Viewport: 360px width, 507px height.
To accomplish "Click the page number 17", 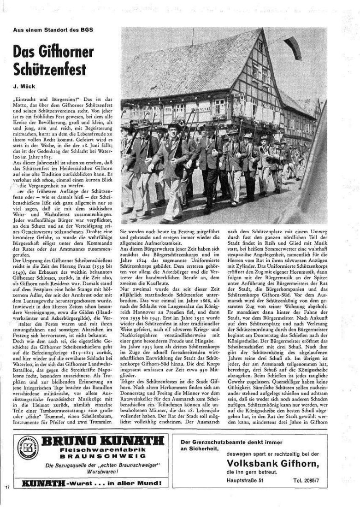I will [x=7, y=487].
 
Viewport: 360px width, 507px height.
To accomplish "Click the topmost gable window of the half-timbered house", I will [x=260, y=46].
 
